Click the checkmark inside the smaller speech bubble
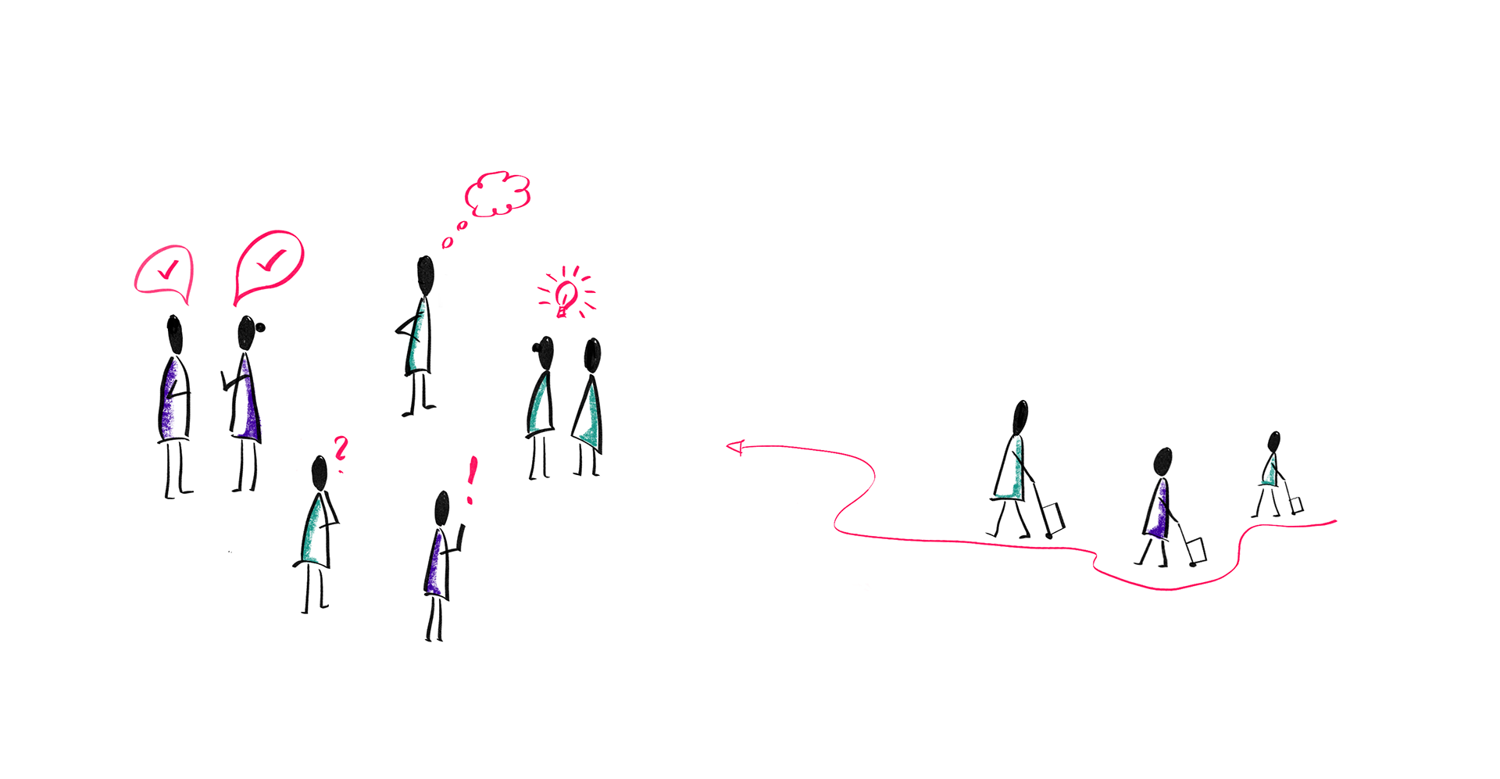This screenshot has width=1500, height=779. pyautogui.click(x=166, y=270)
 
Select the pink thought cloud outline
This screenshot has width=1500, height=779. pyautogui.click(x=498, y=193)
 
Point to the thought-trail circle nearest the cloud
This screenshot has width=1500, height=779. pyautogui.click(x=462, y=226)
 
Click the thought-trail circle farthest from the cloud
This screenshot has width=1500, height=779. pyautogui.click(x=447, y=243)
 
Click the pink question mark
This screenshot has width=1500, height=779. pyautogui.click(x=340, y=448)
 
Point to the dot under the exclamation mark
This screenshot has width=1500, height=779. pyautogui.click(x=470, y=500)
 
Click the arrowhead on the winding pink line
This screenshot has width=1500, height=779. pyautogui.click(x=735, y=448)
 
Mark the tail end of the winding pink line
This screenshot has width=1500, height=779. pyautogui.click(x=1334, y=520)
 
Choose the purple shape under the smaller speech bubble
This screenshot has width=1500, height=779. pyautogui.click(x=170, y=398)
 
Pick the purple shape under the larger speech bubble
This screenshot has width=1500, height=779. pyautogui.click(x=248, y=398)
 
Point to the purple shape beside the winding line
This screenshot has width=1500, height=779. pyautogui.click(x=1159, y=509)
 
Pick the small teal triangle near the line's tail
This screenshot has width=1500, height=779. pyautogui.click(x=1270, y=473)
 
